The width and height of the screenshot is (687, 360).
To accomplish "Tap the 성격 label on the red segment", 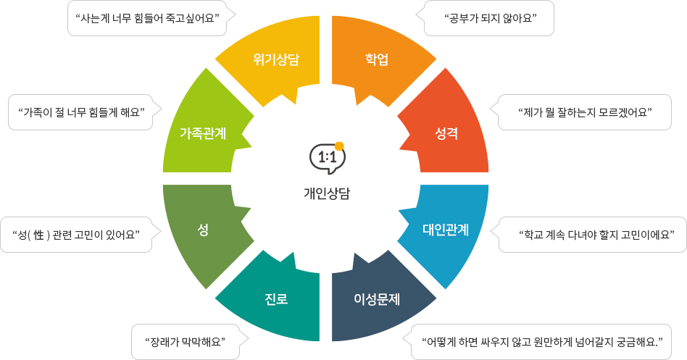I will click(x=446, y=133).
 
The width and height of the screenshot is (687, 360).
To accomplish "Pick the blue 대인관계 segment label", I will click(x=446, y=230).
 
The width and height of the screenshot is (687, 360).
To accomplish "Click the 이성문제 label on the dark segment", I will click(x=377, y=298).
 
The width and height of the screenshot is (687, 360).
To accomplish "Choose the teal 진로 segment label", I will click(x=276, y=298).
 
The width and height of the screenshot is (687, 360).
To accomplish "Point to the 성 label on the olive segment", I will click(x=203, y=230).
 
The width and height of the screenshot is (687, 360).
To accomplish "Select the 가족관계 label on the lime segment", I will click(x=203, y=133).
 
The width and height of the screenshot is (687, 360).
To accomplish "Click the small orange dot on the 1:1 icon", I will click(x=339, y=146).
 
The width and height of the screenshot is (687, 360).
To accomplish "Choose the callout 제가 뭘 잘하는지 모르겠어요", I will click(x=586, y=112).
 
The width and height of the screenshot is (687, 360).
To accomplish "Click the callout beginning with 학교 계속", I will click(x=593, y=235).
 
